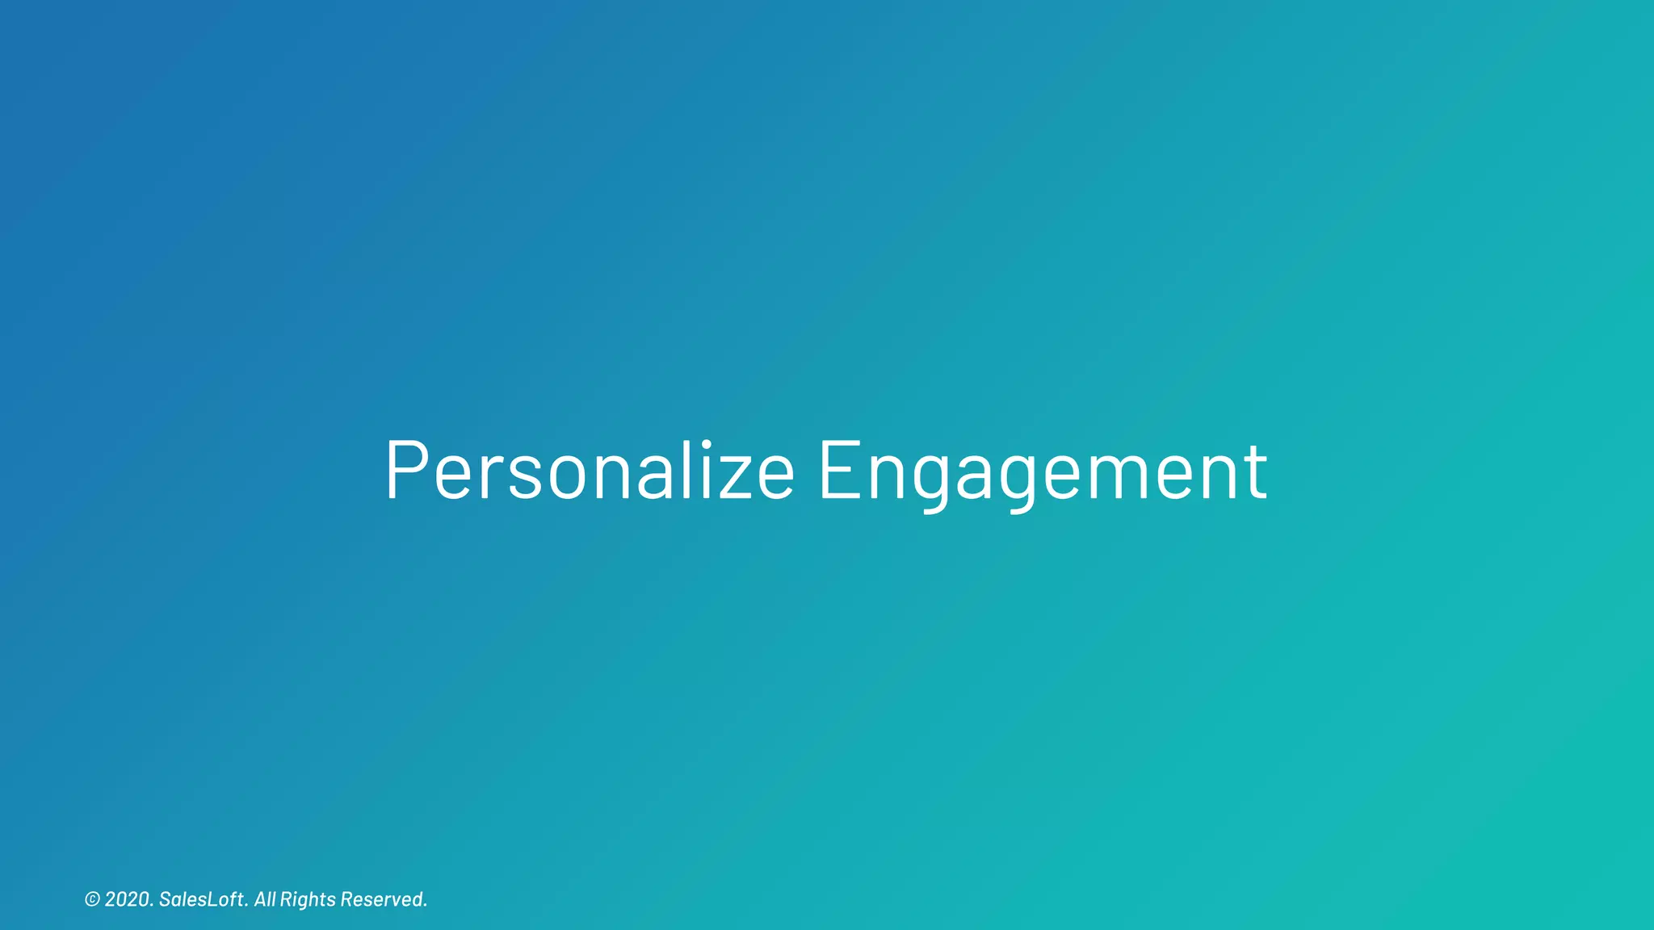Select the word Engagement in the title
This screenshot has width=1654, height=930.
pyautogui.click(x=1043, y=472)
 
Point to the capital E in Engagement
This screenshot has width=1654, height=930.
pyautogui.click(x=841, y=471)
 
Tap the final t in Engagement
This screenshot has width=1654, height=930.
pyautogui.click(x=1255, y=472)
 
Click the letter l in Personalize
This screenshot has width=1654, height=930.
pyautogui.click(x=686, y=471)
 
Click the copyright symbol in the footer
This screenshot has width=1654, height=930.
pyautogui.click(x=92, y=899)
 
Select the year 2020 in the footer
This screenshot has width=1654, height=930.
pyautogui.click(x=127, y=899)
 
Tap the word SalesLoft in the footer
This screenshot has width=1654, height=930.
pyautogui.click(x=201, y=899)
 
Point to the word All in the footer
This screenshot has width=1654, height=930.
pyautogui.click(x=265, y=899)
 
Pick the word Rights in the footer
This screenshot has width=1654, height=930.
pyautogui.click(x=308, y=899)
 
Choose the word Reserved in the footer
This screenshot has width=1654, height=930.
pyautogui.click(x=381, y=899)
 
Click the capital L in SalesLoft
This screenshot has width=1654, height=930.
pyautogui.click(x=212, y=899)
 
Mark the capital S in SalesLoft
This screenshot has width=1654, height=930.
pyautogui.click(x=165, y=899)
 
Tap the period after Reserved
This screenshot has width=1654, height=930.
pyautogui.click(x=425, y=906)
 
